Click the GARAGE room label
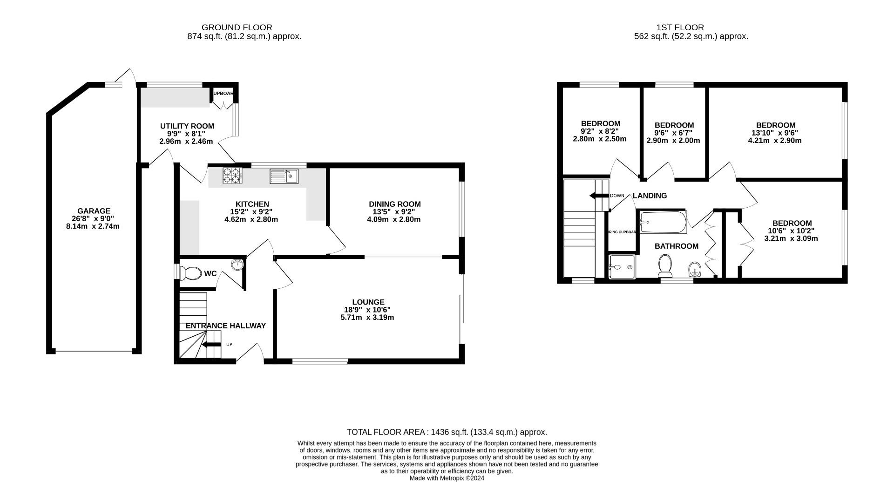point(94,211)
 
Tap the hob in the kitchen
point(232,176)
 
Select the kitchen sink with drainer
point(284,176)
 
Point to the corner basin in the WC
point(238,265)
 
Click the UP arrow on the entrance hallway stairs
point(211,345)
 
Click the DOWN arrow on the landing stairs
point(599,196)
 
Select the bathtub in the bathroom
point(663,223)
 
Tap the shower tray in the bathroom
point(622,267)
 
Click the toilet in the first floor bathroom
point(665,266)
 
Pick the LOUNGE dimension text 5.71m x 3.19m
point(367,318)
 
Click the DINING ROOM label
point(394,204)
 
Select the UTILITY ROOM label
point(187,126)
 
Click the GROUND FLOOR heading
point(237,27)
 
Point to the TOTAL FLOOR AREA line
point(447,432)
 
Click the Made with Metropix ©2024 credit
point(447,478)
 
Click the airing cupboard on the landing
point(622,231)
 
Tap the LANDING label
point(650,196)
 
